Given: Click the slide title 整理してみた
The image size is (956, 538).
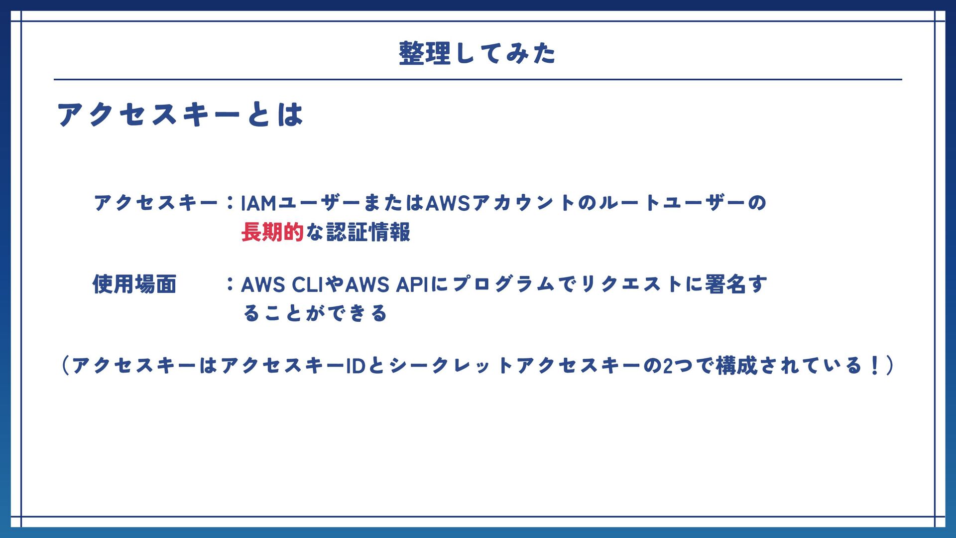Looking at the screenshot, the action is click(x=477, y=53).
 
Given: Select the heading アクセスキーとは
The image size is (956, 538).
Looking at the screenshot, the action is click(x=180, y=114).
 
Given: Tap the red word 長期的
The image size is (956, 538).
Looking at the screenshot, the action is click(x=272, y=232).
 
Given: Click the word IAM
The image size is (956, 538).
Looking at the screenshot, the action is click(x=258, y=203).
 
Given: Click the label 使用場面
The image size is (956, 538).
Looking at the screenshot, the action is click(x=135, y=284).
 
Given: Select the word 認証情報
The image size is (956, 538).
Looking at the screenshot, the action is click(x=368, y=232).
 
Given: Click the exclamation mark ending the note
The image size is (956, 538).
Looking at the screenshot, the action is click(x=875, y=366).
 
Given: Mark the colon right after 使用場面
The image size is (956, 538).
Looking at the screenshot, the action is click(x=230, y=284).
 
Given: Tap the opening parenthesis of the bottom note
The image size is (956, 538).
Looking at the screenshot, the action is click(x=65, y=366).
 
